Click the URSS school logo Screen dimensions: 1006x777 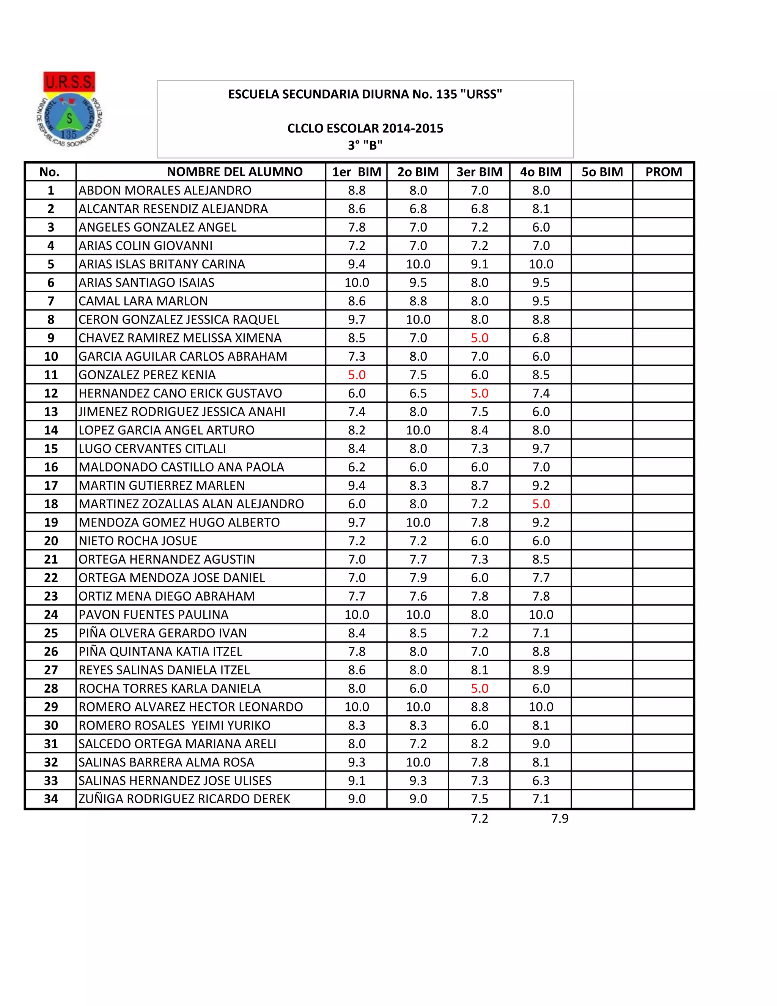point(69,110)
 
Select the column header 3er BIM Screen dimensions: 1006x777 point(479,172)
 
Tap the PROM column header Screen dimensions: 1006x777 point(663,172)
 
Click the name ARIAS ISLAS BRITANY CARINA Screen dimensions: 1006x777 point(162,264)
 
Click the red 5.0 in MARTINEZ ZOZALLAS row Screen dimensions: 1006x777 point(541,504)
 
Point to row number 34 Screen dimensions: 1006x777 point(50,799)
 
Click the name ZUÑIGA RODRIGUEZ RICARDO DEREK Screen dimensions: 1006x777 point(184,799)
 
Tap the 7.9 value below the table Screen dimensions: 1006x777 point(560,818)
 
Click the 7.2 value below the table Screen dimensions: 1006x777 point(479,818)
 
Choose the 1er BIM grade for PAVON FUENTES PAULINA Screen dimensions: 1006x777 point(357,615)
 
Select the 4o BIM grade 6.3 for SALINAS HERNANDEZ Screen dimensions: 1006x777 point(541,780)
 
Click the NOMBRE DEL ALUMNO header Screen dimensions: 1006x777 point(234,172)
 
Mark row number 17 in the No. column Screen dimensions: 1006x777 point(50,486)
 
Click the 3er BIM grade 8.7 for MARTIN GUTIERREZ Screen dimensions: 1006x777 point(479,486)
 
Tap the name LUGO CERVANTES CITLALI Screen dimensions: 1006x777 point(152,449)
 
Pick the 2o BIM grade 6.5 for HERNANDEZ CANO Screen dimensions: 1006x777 point(418,393)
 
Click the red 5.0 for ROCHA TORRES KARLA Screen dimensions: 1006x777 point(479,688)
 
